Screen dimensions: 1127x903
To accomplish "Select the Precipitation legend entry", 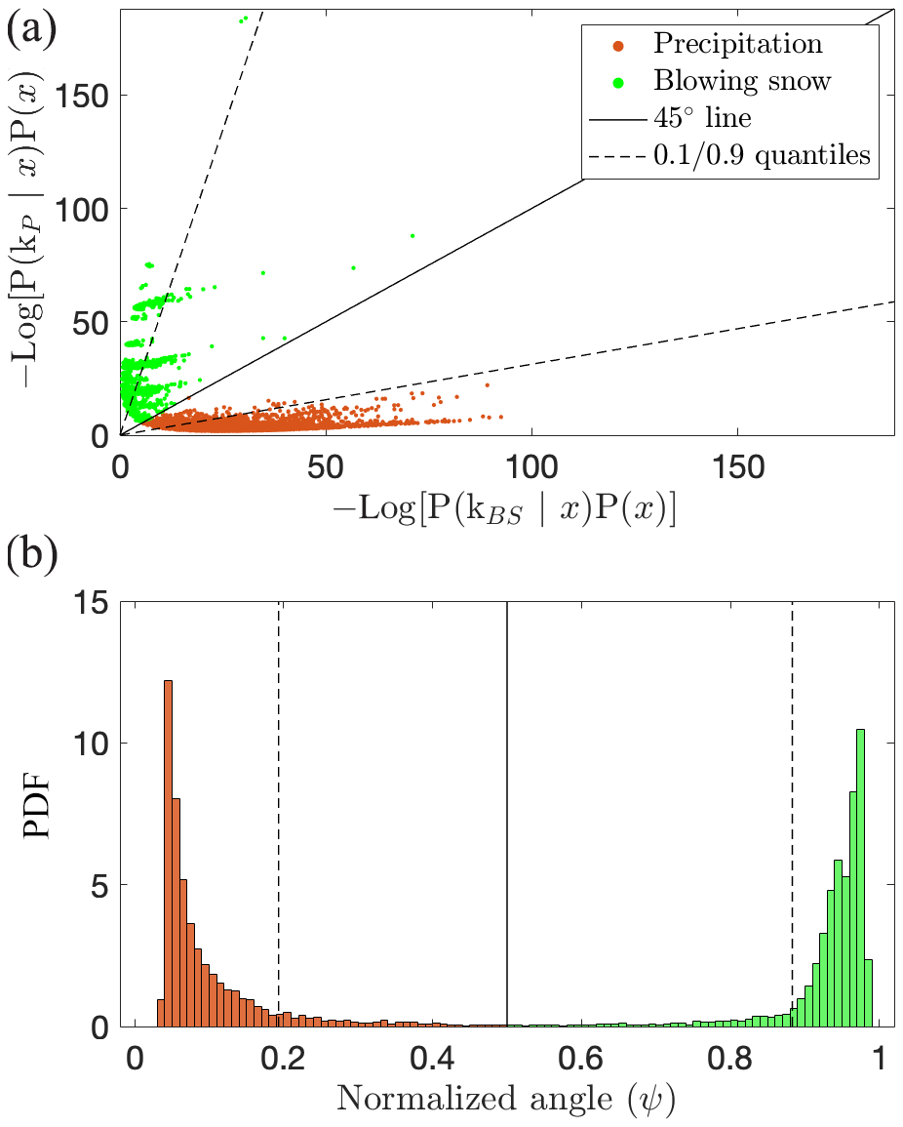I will pos(737,44).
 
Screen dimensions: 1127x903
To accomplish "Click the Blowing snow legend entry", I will pos(742,80).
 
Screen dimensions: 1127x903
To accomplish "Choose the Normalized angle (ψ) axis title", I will pos(506,1101).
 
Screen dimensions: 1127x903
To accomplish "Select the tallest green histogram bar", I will pos(860,877).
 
